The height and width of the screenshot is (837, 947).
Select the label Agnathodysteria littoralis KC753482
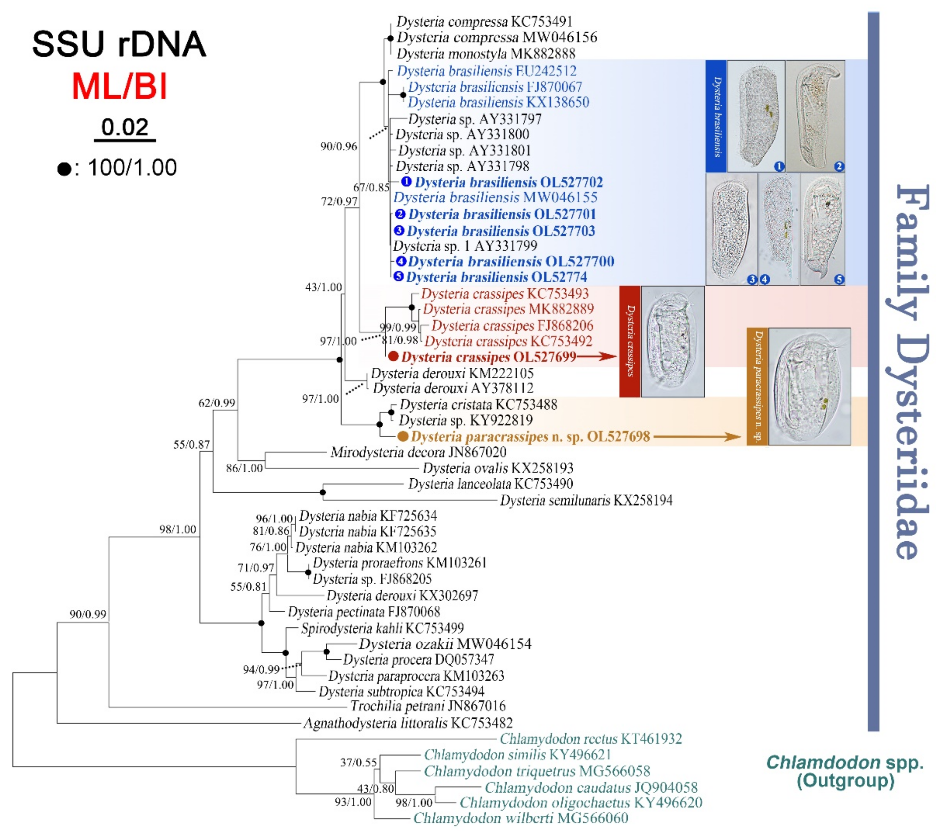[x=408, y=723]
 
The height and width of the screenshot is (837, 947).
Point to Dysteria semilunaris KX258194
[x=586, y=500]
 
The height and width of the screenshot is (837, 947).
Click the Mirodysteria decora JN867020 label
[x=418, y=452]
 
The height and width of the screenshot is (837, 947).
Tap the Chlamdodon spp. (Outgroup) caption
[x=845, y=771]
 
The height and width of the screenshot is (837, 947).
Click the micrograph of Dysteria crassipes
[x=672, y=341]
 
